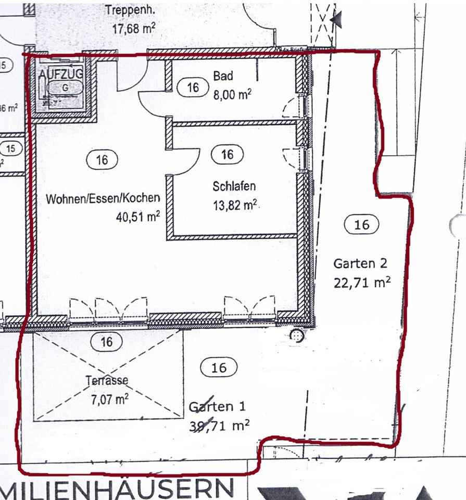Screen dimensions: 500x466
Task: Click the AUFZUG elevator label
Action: [x=61, y=74]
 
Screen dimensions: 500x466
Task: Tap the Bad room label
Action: [x=223, y=76]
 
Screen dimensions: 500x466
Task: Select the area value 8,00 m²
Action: [x=232, y=95]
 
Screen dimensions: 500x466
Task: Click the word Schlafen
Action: [x=234, y=186]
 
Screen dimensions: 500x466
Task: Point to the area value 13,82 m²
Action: [x=235, y=205]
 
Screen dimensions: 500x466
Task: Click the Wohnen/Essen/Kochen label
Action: [x=103, y=198]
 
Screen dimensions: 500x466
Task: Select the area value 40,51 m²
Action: [x=137, y=216]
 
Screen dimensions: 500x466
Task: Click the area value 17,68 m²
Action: [x=133, y=28]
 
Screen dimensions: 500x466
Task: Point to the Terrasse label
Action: [x=107, y=381]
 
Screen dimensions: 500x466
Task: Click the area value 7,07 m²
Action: [x=109, y=399]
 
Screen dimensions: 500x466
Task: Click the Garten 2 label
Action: [x=360, y=264]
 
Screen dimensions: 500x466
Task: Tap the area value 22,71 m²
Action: [x=362, y=283]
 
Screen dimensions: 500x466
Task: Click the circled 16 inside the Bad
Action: [x=193, y=87]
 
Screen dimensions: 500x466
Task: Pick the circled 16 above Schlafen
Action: [x=228, y=154]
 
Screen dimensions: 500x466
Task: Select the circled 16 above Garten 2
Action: [x=361, y=224]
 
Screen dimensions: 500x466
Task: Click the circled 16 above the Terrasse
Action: [x=107, y=342]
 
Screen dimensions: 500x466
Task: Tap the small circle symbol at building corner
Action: [x=297, y=336]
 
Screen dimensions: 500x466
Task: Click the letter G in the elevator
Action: [x=65, y=88]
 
